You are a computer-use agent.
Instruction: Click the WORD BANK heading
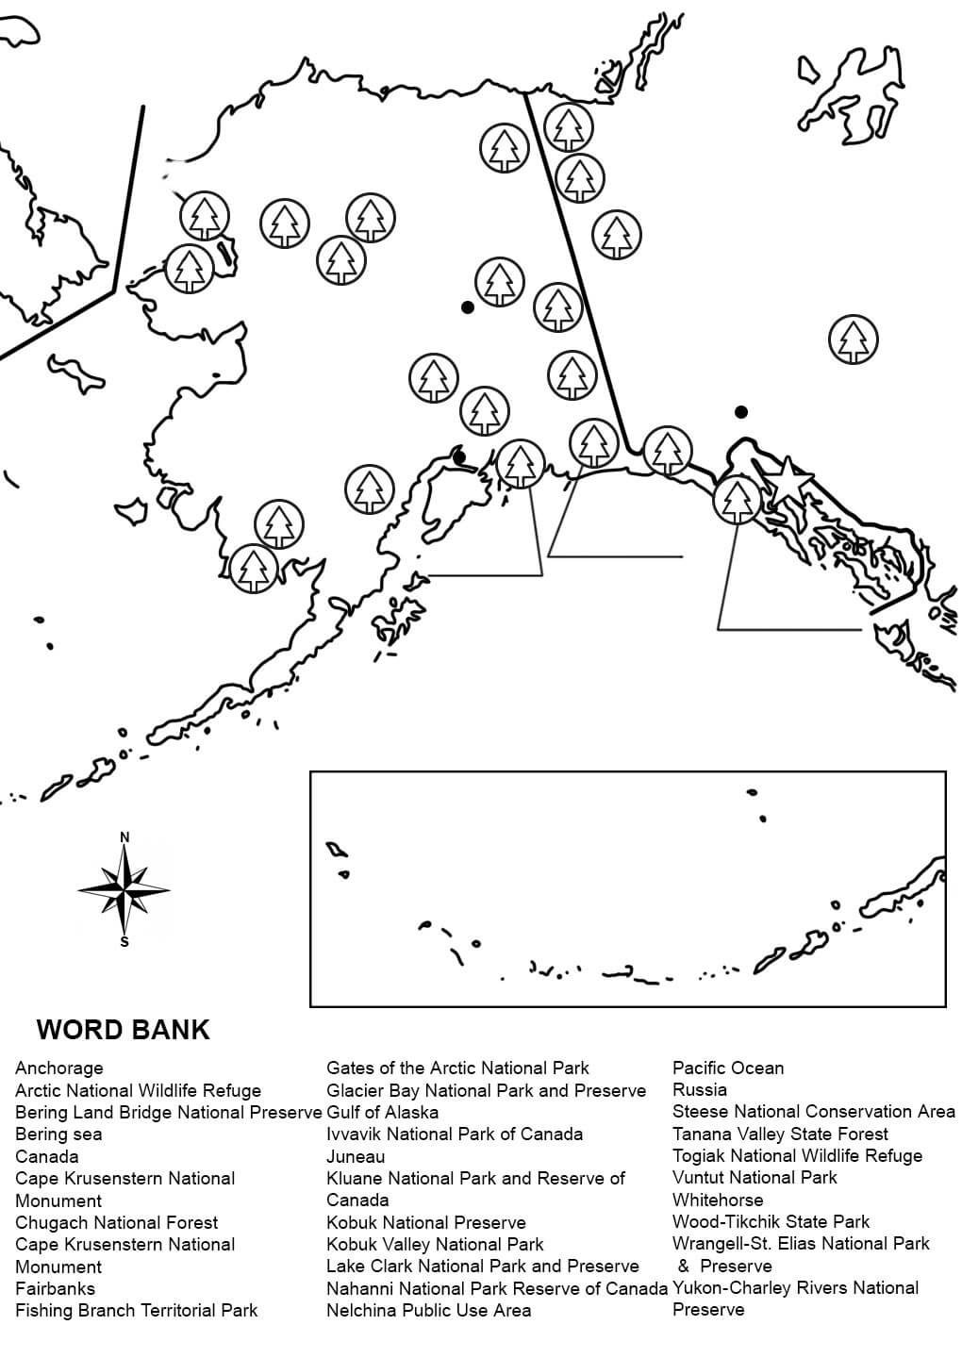123,1029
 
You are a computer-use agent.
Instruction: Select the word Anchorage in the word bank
59,1068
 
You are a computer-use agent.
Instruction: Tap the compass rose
124,889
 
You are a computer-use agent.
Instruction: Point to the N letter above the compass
124,837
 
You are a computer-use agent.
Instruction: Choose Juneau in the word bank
356,1156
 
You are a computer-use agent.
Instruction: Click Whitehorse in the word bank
718,1201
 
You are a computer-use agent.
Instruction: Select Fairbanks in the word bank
55,1288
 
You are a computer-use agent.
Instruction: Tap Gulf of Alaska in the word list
382,1112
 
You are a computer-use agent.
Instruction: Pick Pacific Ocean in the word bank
728,1068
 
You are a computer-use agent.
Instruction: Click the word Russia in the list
700,1090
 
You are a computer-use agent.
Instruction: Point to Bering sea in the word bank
58,1134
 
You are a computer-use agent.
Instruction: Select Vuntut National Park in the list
755,1178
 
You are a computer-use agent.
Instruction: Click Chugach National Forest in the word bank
117,1222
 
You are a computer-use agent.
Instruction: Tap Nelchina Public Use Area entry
428,1310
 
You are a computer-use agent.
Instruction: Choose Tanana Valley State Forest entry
780,1134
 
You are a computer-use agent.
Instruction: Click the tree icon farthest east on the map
853,340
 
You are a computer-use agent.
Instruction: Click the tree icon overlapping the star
737,499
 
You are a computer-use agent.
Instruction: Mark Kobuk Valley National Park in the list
435,1244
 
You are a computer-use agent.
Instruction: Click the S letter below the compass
124,941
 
